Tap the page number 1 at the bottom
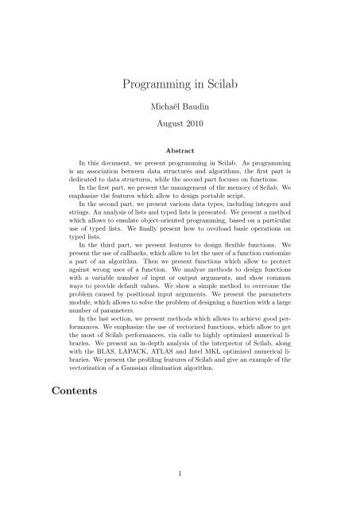point(180,472)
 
